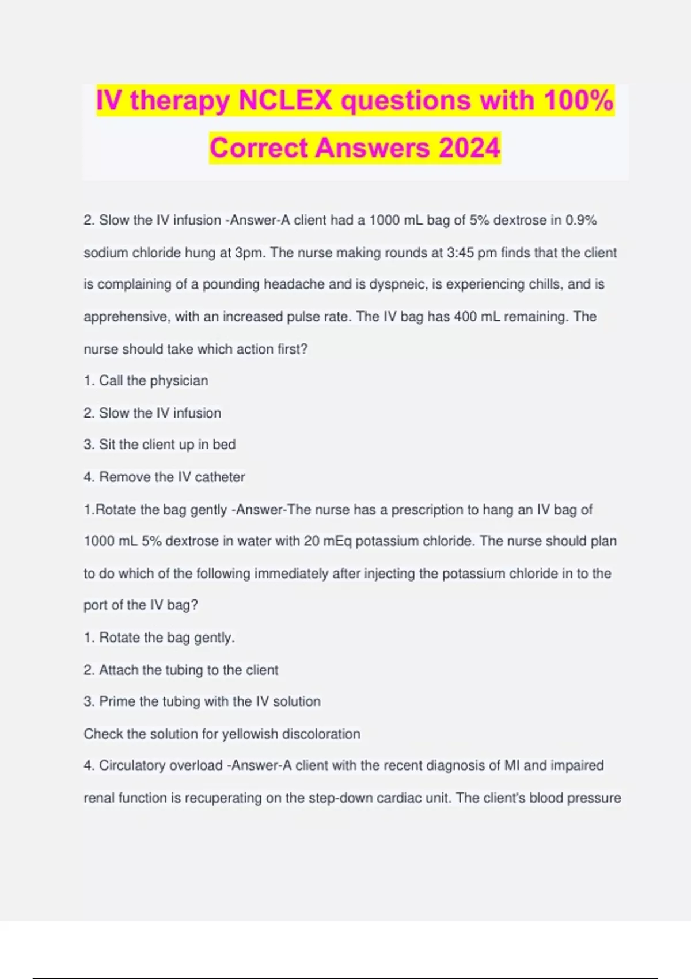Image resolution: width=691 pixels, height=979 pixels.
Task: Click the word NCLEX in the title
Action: point(285,101)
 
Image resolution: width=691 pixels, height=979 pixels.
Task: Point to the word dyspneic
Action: point(397,284)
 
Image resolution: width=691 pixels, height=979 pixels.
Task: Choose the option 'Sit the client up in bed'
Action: point(167,445)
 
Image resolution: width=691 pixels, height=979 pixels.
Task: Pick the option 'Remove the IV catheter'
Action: point(172,477)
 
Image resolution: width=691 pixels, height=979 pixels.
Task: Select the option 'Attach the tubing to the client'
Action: point(188,670)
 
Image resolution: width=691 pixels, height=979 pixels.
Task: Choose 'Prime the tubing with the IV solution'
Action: point(210,701)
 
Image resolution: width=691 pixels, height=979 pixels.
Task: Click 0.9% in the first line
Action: point(581,221)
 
